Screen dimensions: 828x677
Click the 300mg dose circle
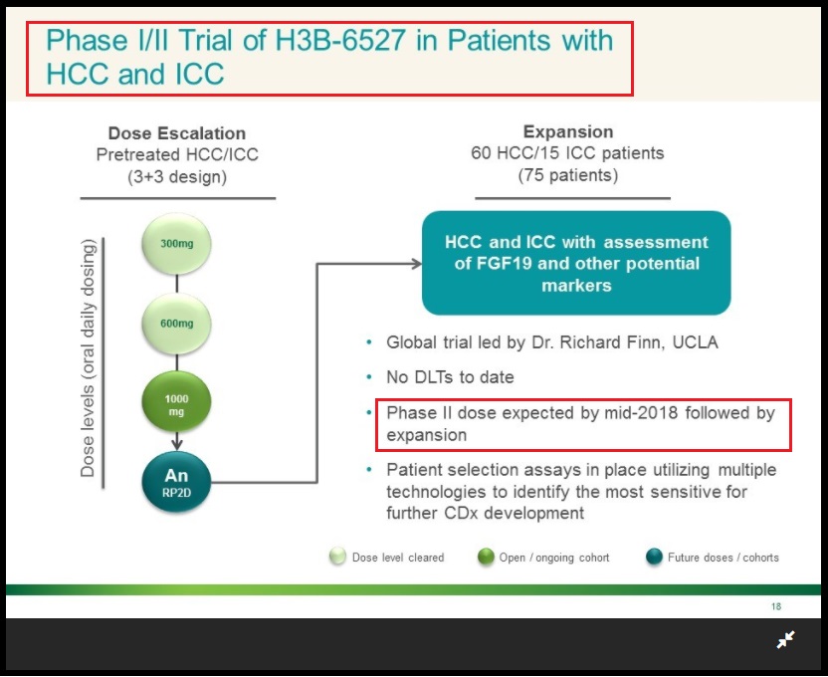176,244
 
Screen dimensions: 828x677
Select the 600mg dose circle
176,324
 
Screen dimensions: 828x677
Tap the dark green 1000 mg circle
176,402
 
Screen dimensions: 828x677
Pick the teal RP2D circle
176,482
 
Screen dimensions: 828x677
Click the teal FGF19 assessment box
576,263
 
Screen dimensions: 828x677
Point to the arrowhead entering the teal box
417,263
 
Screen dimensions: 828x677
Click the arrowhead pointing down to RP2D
177,443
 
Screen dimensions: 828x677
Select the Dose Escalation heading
177,133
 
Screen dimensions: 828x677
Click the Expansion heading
568,131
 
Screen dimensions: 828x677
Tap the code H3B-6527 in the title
340,40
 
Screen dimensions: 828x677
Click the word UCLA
695,342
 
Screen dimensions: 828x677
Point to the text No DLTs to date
450,377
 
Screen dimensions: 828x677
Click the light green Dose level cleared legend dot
337,557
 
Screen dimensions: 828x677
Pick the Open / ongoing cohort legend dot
486,557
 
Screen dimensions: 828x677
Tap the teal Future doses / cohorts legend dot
654,557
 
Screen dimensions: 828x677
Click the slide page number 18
775,606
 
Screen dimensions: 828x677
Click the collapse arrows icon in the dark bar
786,639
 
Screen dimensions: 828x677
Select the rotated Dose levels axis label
88,358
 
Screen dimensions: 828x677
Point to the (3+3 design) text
177,176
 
